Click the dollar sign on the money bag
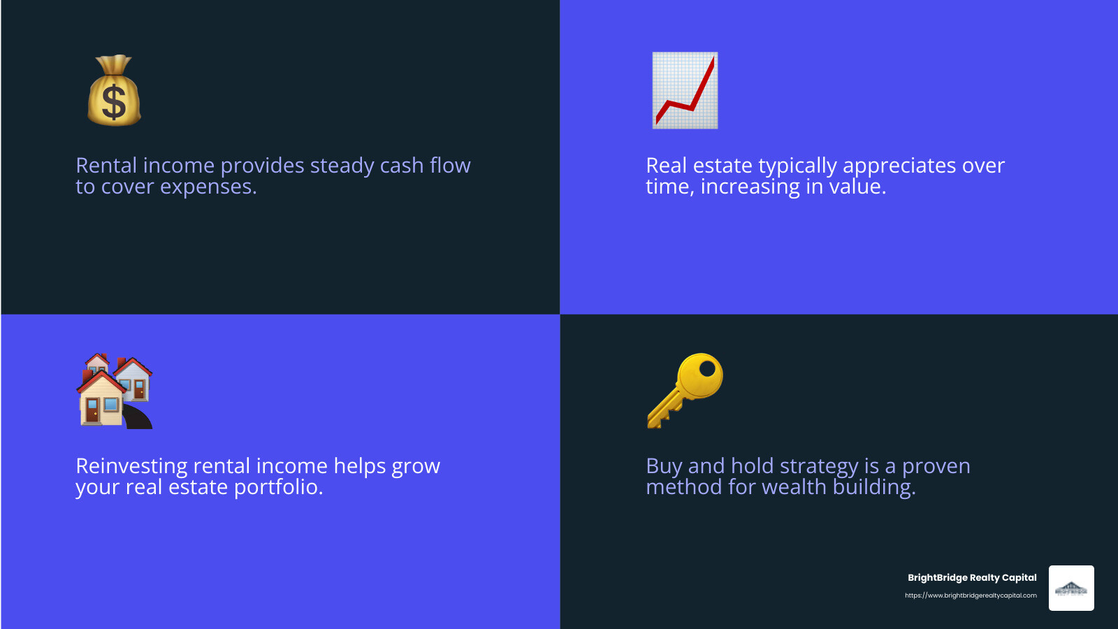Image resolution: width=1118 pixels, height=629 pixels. pos(114,101)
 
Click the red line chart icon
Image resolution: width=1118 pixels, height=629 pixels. pos(685,90)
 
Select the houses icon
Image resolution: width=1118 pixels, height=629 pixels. pos(115,391)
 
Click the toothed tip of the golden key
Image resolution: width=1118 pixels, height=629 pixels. pos(658,419)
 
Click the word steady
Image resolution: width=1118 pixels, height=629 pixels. pos(342,166)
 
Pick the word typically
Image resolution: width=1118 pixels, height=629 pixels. pos(797,166)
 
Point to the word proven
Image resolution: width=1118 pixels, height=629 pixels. pos(936,467)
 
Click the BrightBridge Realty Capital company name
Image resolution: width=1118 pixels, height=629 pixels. pos(972,577)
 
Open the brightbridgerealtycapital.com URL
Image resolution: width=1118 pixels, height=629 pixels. pos(971,595)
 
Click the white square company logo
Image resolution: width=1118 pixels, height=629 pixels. pos(1071,588)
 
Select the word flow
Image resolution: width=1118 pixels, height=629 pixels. pos(450,166)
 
